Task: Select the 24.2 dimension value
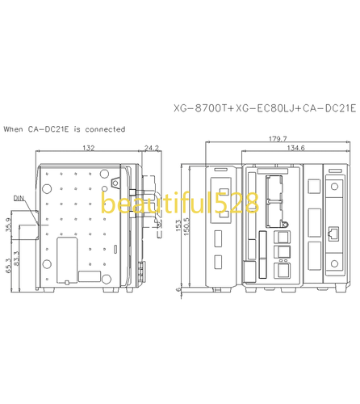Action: [151, 148]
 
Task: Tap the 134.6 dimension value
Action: [296, 148]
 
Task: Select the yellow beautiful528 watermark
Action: [178, 204]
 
